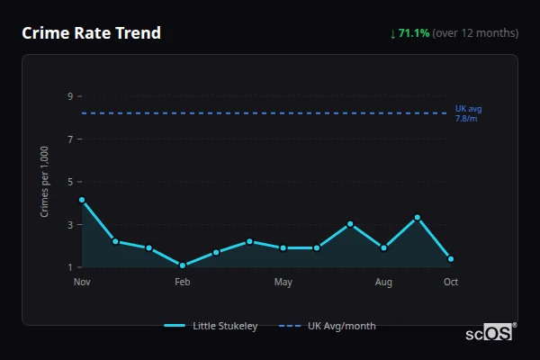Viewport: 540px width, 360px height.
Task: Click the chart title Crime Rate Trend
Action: (91, 33)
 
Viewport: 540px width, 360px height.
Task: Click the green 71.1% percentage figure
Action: (414, 33)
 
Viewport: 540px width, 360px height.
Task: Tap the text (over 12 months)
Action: (475, 33)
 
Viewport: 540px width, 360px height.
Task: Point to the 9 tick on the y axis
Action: (69, 96)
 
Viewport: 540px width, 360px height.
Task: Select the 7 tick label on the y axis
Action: (69, 139)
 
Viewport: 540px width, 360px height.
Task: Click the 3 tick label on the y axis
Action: (69, 225)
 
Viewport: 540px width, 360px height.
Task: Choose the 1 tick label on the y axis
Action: (69, 267)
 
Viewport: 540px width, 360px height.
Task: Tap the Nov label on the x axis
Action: (82, 283)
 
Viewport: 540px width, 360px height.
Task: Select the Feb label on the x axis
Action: (183, 283)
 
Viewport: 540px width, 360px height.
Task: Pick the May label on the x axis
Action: (283, 283)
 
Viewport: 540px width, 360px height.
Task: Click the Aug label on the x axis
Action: (383, 283)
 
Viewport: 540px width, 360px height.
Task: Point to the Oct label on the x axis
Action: (451, 283)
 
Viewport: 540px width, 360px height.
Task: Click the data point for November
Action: (82, 200)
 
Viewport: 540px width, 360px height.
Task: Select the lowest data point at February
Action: (183, 265)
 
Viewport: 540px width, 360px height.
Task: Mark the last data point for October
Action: (451, 259)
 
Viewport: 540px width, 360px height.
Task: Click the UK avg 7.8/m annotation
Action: (468, 113)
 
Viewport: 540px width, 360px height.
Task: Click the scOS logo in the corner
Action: (490, 333)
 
